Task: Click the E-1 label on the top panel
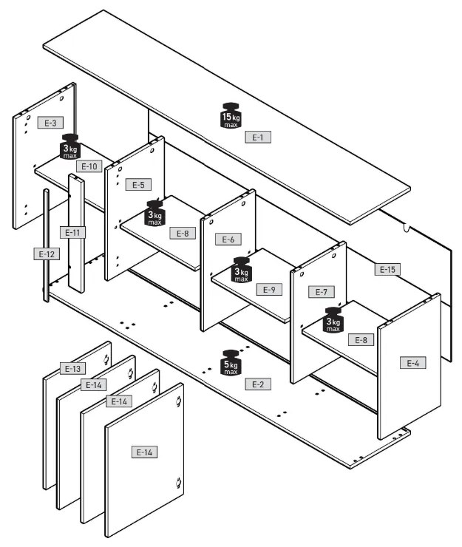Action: [x=258, y=137]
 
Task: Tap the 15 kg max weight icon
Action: [x=231, y=115]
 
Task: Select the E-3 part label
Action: [x=50, y=123]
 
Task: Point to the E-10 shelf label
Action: [x=89, y=166]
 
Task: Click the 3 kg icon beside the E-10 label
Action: [x=70, y=147]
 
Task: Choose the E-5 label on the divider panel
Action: [x=138, y=185]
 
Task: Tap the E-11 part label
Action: [x=72, y=233]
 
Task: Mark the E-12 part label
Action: [x=47, y=254]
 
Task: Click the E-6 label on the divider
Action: [x=228, y=239]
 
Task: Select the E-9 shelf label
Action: [x=269, y=290]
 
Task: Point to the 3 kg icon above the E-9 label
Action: [x=241, y=270]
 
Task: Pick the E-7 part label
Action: [x=322, y=292]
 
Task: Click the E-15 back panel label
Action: [x=387, y=269]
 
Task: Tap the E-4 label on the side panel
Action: [x=413, y=363]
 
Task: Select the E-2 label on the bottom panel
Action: [x=258, y=384]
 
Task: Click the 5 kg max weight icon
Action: [x=231, y=363]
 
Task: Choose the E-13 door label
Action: [x=72, y=368]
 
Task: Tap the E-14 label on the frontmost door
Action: [x=144, y=452]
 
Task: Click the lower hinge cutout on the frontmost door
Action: [x=179, y=483]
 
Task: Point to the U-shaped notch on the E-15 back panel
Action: [x=407, y=227]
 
